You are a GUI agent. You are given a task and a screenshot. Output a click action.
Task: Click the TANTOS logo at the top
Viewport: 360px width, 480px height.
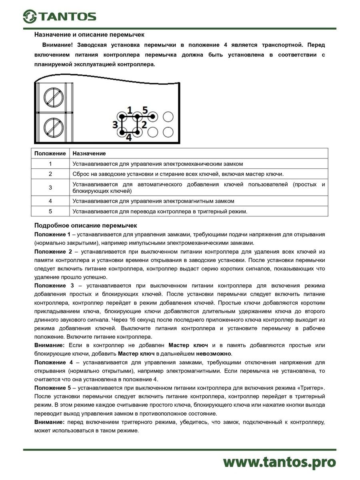59,16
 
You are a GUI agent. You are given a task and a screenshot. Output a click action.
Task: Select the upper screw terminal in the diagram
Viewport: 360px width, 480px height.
54,97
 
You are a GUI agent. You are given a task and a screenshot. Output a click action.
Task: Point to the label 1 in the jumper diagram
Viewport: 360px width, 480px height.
129,109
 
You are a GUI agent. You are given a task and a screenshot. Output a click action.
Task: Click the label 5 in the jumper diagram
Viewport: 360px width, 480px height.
145,109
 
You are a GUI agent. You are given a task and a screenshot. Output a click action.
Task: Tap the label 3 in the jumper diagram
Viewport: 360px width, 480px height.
115,124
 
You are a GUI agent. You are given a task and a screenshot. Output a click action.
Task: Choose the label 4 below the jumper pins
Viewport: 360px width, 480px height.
129,138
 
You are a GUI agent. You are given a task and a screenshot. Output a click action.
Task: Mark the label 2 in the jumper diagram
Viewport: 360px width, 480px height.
144,124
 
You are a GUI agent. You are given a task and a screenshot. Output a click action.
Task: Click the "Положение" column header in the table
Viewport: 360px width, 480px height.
50,154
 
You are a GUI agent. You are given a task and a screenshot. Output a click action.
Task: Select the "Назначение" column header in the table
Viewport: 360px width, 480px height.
89,154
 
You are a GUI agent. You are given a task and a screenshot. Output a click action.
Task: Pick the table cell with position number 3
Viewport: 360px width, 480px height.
50,188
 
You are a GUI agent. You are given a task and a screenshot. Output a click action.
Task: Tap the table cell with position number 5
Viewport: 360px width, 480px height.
50,211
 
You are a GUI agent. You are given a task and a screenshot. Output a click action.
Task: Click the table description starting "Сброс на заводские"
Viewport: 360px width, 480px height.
178,174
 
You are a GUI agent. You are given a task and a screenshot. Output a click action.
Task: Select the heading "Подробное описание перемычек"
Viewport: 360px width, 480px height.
86,226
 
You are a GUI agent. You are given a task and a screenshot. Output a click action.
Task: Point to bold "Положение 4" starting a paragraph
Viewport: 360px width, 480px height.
54,362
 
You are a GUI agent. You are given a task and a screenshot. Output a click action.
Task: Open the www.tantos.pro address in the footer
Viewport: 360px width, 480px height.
279,462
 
